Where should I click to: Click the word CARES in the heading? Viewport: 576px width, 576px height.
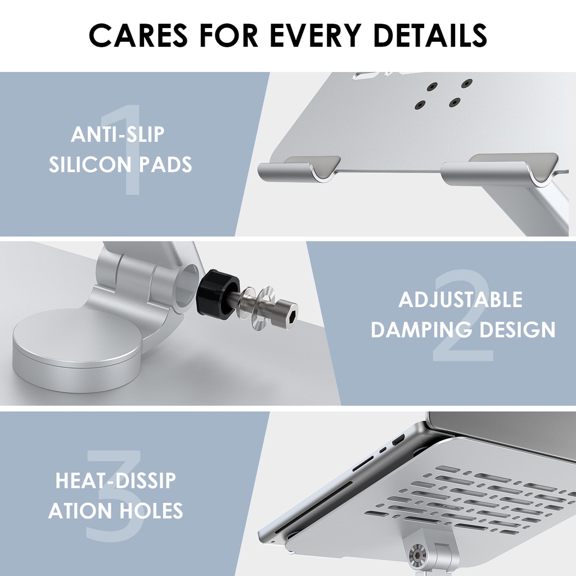point(138,35)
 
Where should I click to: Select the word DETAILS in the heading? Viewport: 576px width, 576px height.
point(430,35)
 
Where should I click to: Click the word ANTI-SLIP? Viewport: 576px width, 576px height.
point(118,134)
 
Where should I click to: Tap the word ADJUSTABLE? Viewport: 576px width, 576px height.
point(460,299)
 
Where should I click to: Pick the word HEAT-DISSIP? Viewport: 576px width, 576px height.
point(116,480)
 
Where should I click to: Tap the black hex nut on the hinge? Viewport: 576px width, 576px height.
point(217,292)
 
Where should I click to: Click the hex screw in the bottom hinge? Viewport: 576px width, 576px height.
point(417,556)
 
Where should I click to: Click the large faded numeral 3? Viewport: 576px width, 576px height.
point(115,496)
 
